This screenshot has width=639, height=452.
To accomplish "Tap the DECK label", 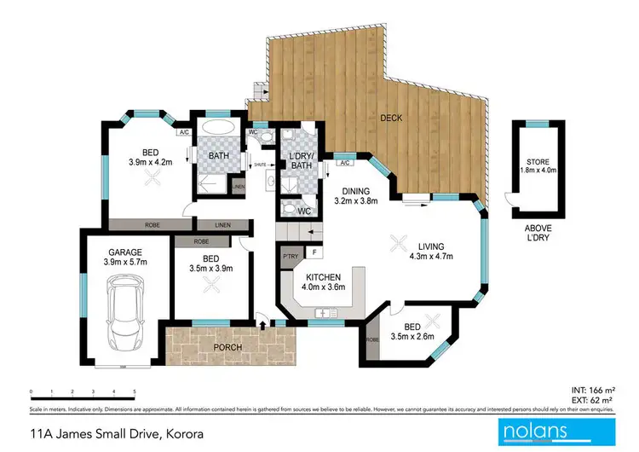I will pyautogui.click(x=391, y=118).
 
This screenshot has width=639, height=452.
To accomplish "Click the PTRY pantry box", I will pyautogui.click(x=289, y=254).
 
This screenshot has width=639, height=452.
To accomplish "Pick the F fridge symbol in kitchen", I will pyautogui.click(x=314, y=253).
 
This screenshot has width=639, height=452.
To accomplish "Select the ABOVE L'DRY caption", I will pyautogui.click(x=537, y=234).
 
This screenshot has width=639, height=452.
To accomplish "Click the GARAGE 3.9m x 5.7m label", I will pyautogui.click(x=124, y=258).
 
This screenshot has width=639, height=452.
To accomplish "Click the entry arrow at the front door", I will pyautogui.click(x=262, y=323).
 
